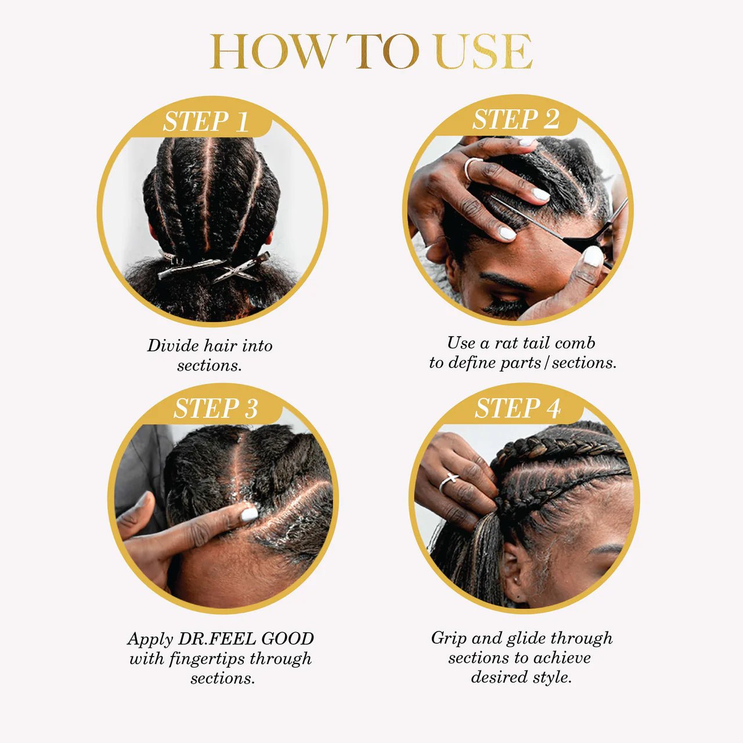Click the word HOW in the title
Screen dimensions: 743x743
point(272,52)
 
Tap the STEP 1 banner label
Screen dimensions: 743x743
point(205,122)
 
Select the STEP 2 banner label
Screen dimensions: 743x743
point(515,120)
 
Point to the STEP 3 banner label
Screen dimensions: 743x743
point(215,408)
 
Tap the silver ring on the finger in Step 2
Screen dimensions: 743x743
point(472,168)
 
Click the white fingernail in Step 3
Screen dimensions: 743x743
point(250,514)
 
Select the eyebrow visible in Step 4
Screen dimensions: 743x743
point(607,549)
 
